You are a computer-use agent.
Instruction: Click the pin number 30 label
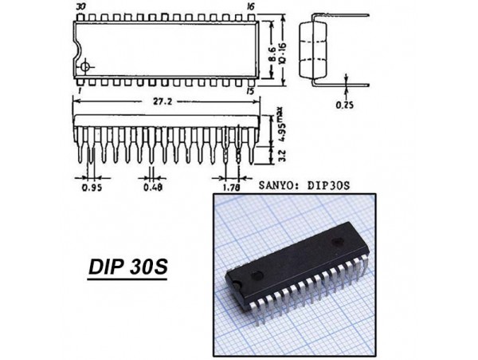[80, 6]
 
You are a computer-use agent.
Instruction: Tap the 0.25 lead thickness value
[345, 105]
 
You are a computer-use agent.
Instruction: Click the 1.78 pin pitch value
[232, 188]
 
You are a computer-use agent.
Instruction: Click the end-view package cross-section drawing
[315, 48]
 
